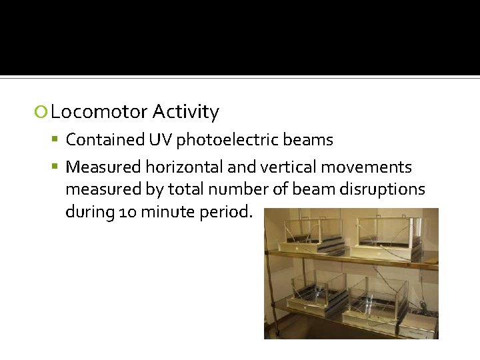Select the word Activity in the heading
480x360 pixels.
point(185,112)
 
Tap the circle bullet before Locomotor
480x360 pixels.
point(41,113)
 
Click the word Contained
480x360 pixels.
point(105,140)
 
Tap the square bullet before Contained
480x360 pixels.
point(58,140)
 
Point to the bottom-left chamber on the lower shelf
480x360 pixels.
point(306,297)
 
